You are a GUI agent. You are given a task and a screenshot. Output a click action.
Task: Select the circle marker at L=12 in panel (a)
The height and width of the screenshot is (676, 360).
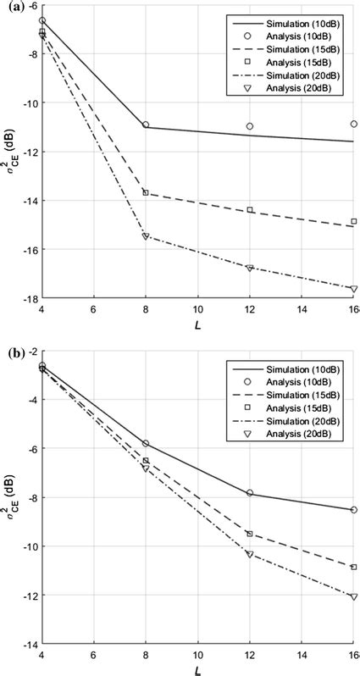[x=250, y=126]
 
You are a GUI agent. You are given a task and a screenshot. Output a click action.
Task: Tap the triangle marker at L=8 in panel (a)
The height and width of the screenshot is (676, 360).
[x=146, y=236]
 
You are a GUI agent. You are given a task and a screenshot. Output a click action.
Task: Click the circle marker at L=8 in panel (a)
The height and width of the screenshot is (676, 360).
[x=146, y=125]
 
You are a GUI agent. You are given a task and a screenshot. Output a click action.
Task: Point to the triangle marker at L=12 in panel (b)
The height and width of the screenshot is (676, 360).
[x=250, y=554]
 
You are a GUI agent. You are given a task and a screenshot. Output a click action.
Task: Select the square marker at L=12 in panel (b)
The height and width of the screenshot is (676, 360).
[x=250, y=534]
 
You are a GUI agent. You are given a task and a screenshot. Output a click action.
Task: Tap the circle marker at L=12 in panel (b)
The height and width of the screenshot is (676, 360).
[x=250, y=493]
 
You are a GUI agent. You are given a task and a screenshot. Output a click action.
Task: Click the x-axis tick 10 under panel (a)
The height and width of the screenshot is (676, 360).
[x=197, y=310]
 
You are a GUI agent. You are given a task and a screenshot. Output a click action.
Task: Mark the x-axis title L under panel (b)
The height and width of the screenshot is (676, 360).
[x=197, y=670]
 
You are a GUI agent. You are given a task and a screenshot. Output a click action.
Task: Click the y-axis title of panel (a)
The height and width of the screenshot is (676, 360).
[x=11, y=152]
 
